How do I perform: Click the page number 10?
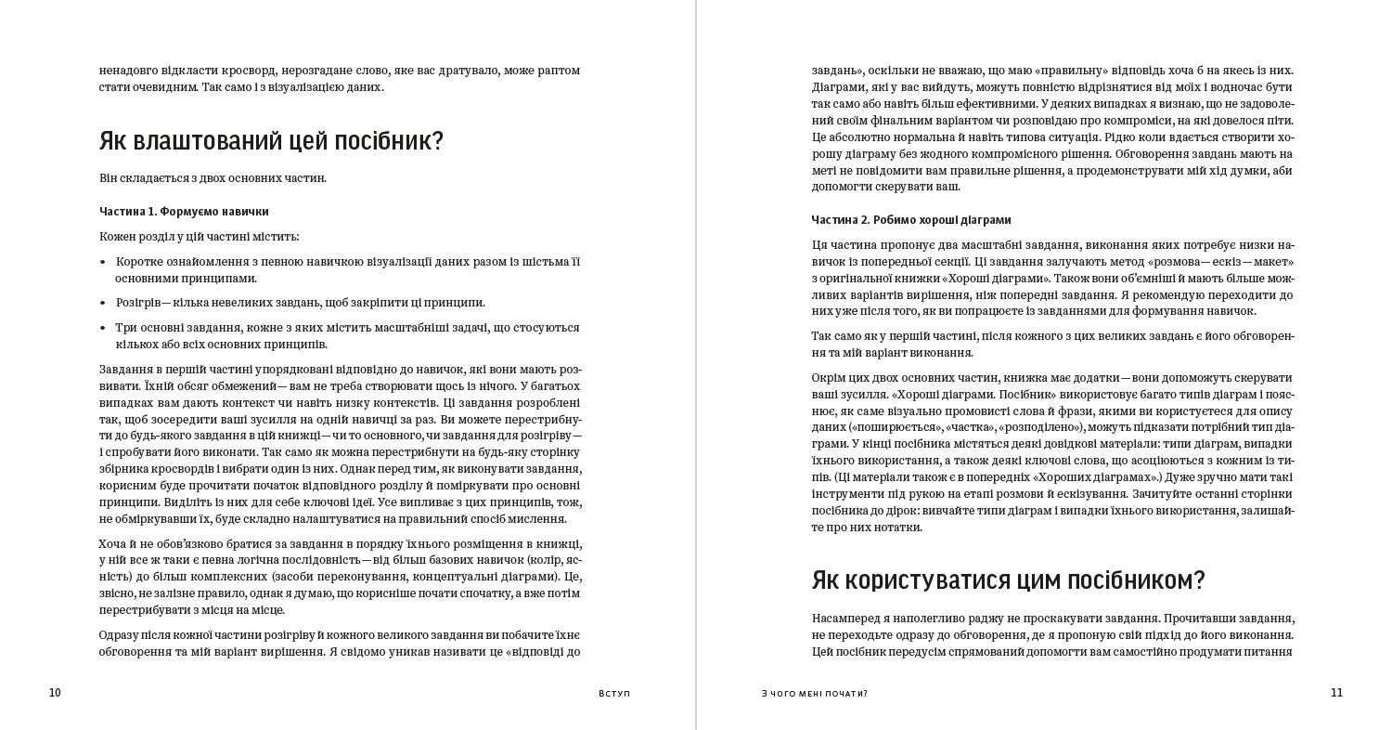coord(55,693)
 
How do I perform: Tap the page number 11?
coord(1336,693)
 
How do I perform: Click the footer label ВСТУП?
coord(614,694)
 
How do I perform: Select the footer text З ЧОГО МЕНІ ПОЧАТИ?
coord(814,694)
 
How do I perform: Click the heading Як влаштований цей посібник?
coord(271,141)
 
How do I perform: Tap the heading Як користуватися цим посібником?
coord(1008,580)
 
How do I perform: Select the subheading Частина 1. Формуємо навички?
coord(184,212)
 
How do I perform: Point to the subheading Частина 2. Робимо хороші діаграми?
coord(911,220)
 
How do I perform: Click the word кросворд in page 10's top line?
coord(249,71)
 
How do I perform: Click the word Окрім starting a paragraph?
coord(830,378)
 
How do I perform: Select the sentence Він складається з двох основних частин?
coord(213,178)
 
